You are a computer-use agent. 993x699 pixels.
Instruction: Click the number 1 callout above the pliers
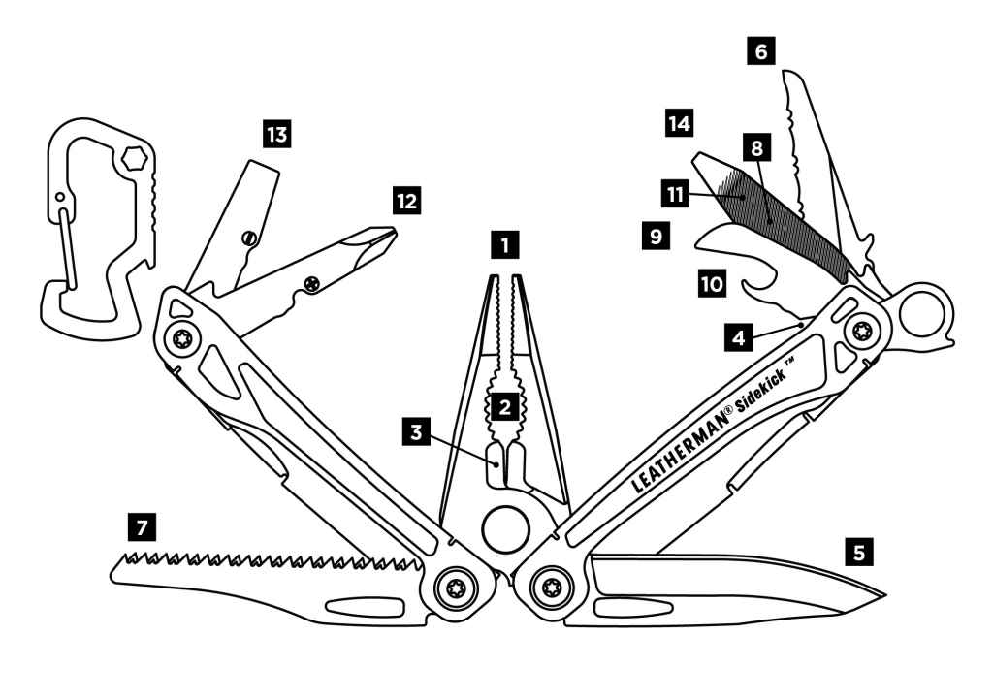pyautogui.click(x=504, y=242)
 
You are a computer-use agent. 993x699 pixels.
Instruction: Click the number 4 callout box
pyautogui.click(x=739, y=339)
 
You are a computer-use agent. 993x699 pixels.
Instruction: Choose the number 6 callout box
pyautogui.click(x=760, y=51)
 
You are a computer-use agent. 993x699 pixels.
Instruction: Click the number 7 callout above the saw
pyautogui.click(x=142, y=528)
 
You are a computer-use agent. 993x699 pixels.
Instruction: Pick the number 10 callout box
pyautogui.click(x=712, y=283)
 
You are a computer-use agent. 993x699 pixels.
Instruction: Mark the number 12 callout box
pyautogui.click(x=407, y=201)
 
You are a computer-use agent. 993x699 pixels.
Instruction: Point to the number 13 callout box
pyautogui.click(x=277, y=134)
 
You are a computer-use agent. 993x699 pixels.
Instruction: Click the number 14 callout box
pyautogui.click(x=679, y=123)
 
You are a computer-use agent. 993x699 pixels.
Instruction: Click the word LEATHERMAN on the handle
pyautogui.click(x=679, y=445)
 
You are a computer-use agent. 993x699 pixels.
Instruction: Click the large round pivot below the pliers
pyautogui.click(x=504, y=530)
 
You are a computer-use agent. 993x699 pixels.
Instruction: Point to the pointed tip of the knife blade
pyautogui.click(x=885, y=594)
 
